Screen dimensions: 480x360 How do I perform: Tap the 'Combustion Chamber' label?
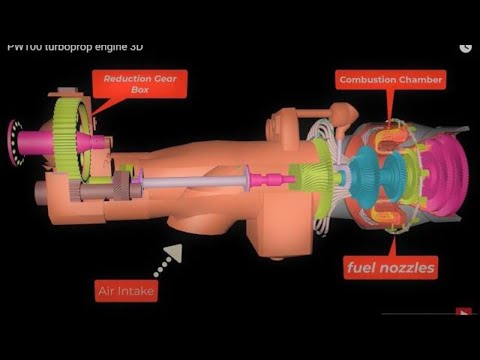click(x=391, y=79)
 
